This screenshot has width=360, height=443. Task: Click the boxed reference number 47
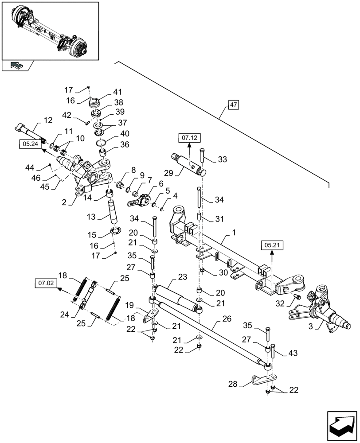pyautogui.click(x=234, y=105)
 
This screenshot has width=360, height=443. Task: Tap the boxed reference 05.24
pyautogui.click(x=29, y=144)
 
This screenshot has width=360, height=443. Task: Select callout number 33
pyautogui.click(x=221, y=160)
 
